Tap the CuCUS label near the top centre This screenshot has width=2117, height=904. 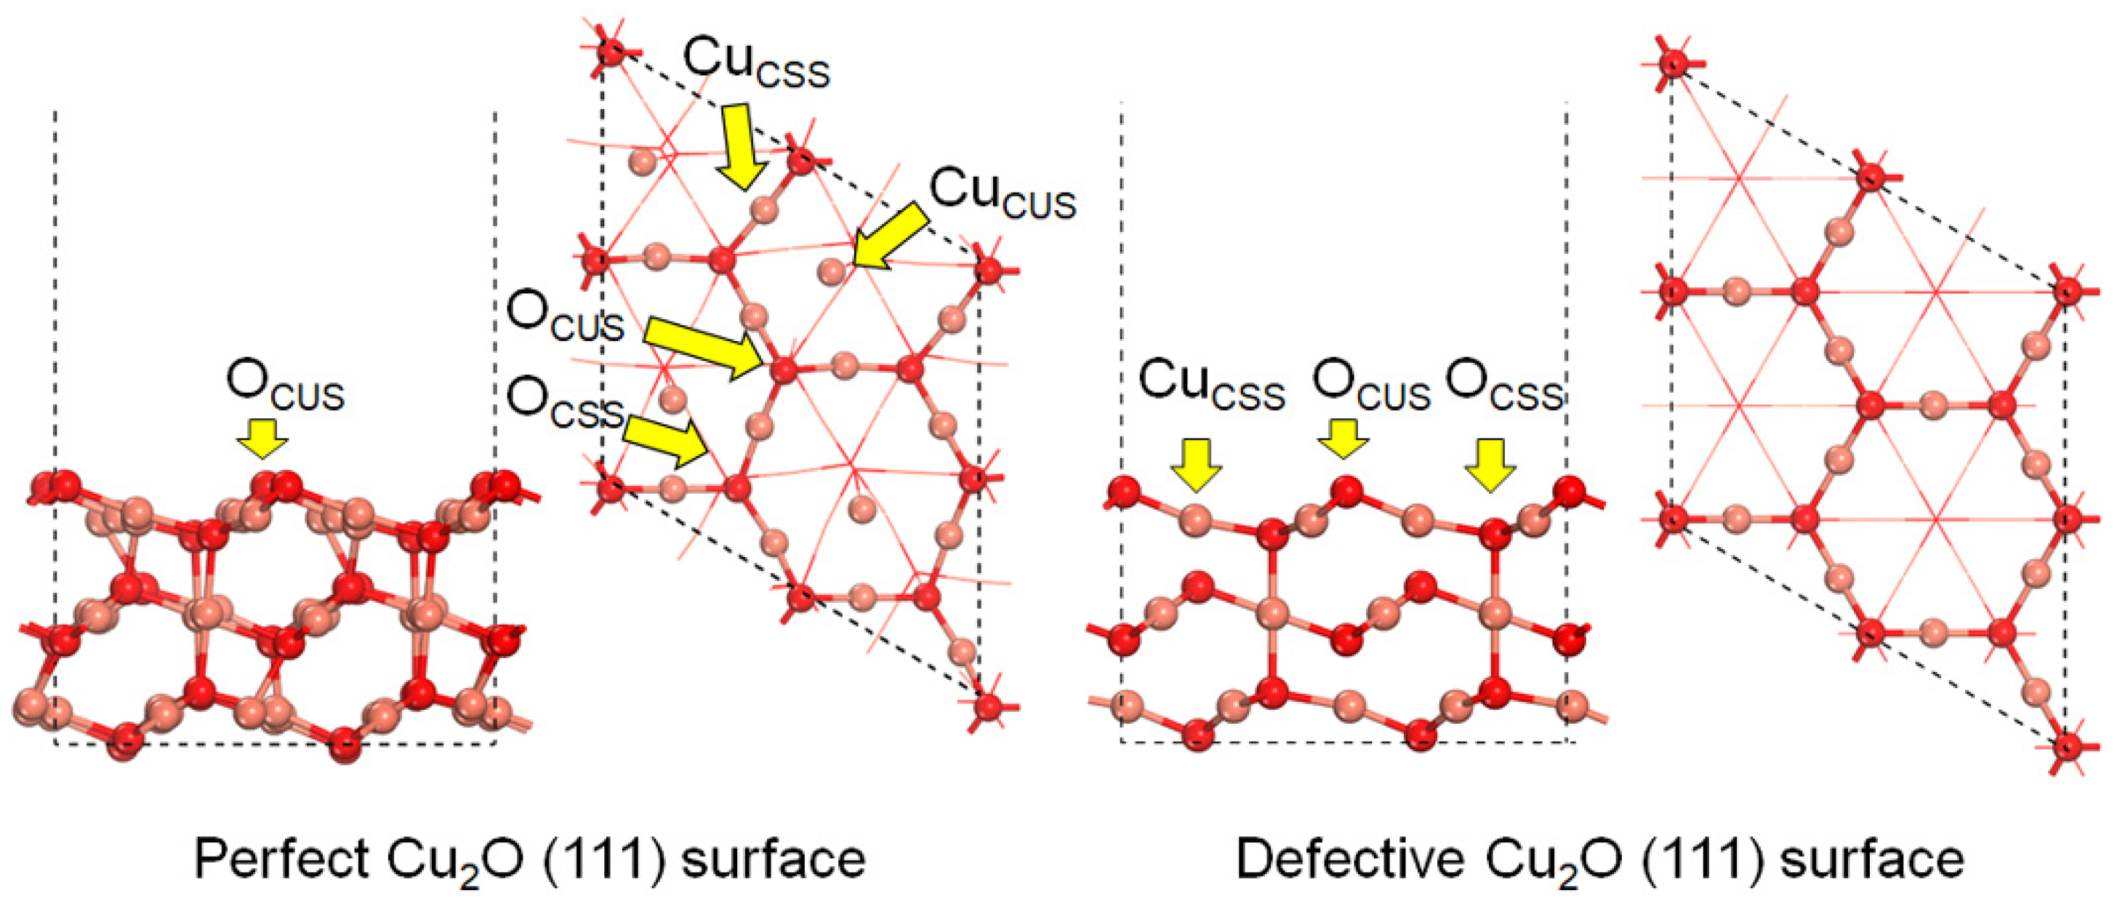point(1003,194)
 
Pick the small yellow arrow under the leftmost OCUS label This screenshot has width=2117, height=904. point(263,438)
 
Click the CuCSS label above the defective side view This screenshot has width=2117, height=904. point(1211,386)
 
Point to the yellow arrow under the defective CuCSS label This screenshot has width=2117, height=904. point(1196,464)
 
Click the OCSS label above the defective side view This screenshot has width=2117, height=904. point(1504,386)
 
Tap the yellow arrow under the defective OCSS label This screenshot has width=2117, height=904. point(1490,464)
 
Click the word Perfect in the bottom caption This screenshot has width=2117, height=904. point(281,859)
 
